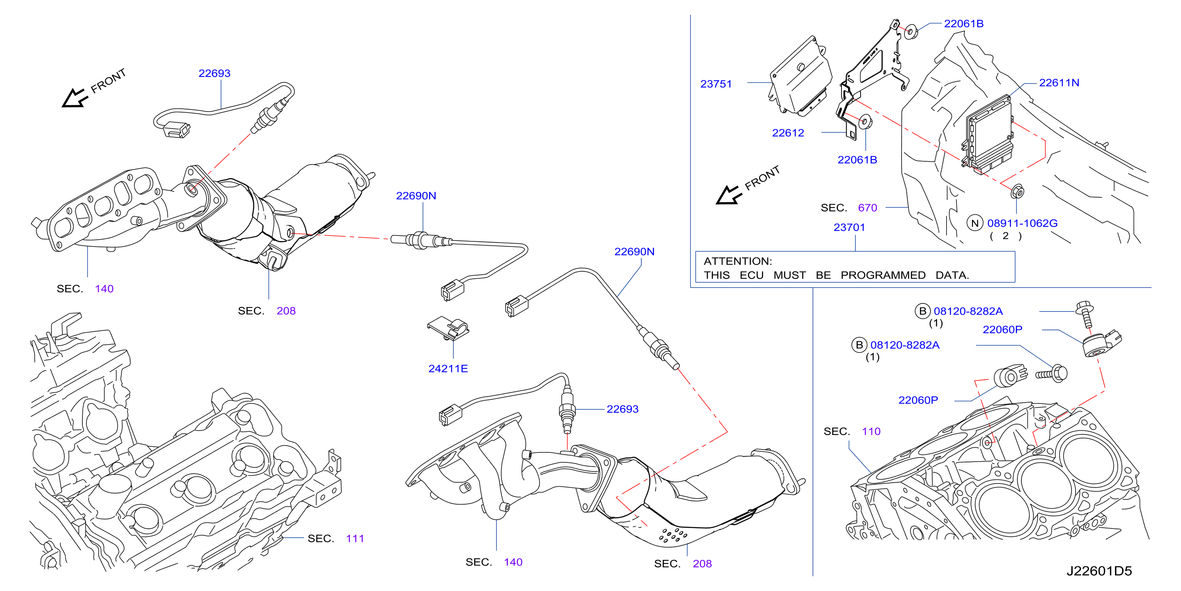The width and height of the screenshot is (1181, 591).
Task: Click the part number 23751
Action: click(716, 84)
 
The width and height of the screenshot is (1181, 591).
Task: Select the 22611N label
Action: click(1059, 82)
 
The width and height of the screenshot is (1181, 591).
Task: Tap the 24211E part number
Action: click(448, 368)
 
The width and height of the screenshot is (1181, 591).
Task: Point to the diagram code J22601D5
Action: click(1099, 571)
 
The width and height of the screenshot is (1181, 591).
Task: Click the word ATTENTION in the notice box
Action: click(738, 261)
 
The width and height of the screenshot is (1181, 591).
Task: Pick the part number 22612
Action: click(788, 133)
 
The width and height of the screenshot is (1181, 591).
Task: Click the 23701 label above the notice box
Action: click(849, 227)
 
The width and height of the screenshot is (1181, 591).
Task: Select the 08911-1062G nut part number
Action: click(1022, 223)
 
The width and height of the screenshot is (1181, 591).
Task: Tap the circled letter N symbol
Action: click(975, 223)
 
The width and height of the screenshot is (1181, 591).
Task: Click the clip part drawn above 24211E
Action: click(448, 328)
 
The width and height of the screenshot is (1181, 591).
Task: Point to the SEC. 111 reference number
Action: click(355, 538)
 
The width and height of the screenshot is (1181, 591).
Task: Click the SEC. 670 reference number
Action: click(867, 208)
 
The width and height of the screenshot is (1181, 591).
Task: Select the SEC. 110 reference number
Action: click(871, 431)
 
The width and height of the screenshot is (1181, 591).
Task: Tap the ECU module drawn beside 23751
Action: click(800, 76)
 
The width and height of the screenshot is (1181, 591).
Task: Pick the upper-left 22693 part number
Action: click(214, 73)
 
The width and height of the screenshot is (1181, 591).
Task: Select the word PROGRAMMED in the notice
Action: click(883, 275)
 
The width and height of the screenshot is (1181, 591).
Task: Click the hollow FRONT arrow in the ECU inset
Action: click(728, 195)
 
